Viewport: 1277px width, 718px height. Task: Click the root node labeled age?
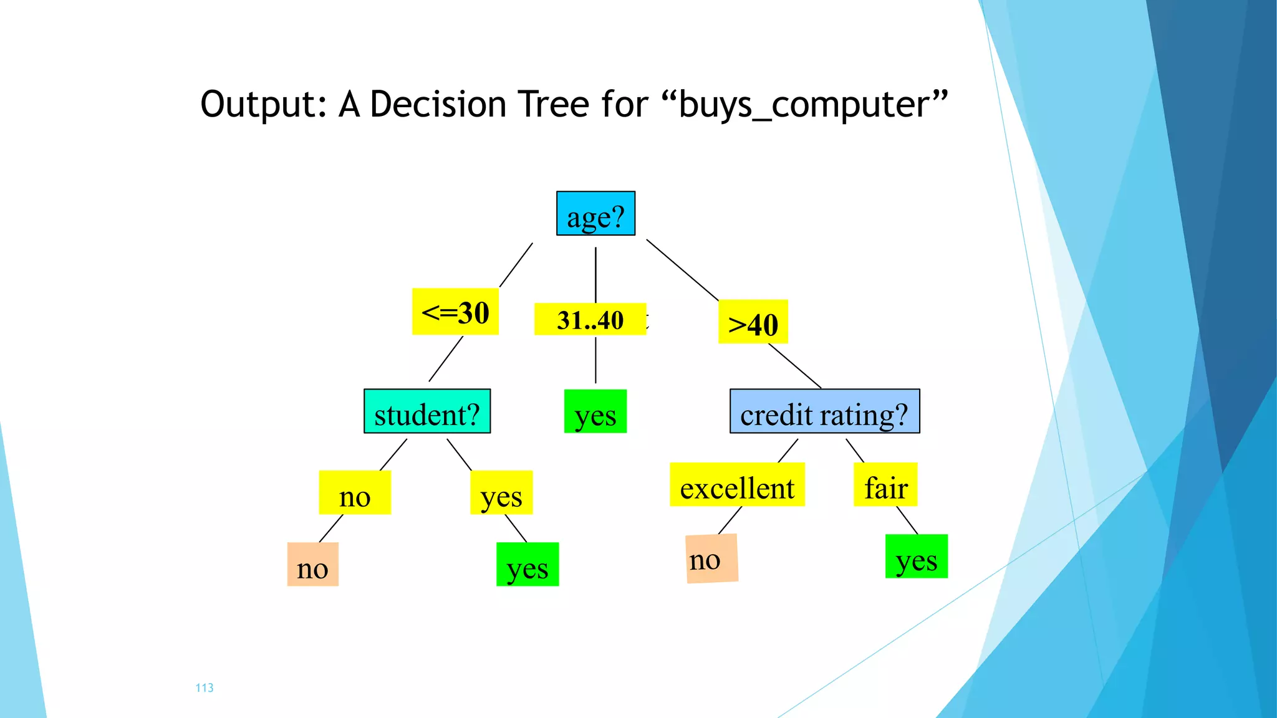tap(595, 214)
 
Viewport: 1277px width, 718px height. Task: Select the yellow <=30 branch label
tap(455, 312)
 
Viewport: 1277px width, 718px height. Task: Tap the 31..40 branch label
tap(590, 320)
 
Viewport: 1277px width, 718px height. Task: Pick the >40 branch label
tap(753, 322)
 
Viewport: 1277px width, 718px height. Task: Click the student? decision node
tap(427, 411)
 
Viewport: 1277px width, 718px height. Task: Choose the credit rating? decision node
tap(824, 411)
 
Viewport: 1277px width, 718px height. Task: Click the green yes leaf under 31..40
tap(595, 411)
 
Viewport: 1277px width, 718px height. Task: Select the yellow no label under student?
tap(355, 493)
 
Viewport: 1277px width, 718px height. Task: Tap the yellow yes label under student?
tap(501, 493)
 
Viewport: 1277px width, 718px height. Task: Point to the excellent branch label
tap(737, 485)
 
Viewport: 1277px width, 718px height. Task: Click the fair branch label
tap(885, 485)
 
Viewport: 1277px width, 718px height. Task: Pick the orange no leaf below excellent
tap(711, 558)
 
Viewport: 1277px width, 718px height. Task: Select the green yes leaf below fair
tap(916, 557)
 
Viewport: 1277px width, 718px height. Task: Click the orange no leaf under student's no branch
tap(312, 565)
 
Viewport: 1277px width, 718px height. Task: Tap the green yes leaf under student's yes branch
tap(528, 565)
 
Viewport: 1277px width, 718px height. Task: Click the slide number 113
tap(205, 688)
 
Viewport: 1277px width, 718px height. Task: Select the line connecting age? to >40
tap(682, 270)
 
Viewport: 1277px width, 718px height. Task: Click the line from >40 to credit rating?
tap(794, 366)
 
